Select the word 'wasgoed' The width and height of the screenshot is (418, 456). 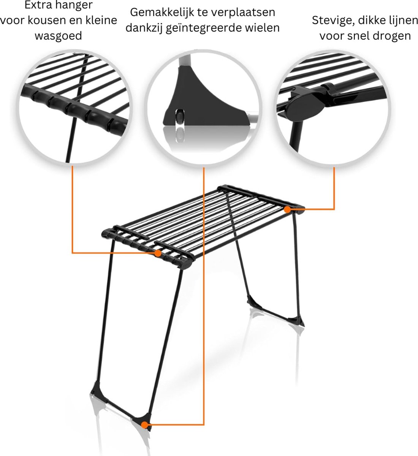click(x=58, y=36)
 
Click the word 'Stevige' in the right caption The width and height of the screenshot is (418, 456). click(x=333, y=21)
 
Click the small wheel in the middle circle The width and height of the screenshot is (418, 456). click(x=180, y=116)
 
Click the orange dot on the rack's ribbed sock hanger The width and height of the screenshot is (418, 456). click(x=158, y=253)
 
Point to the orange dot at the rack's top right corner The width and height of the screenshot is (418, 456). click(x=288, y=209)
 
